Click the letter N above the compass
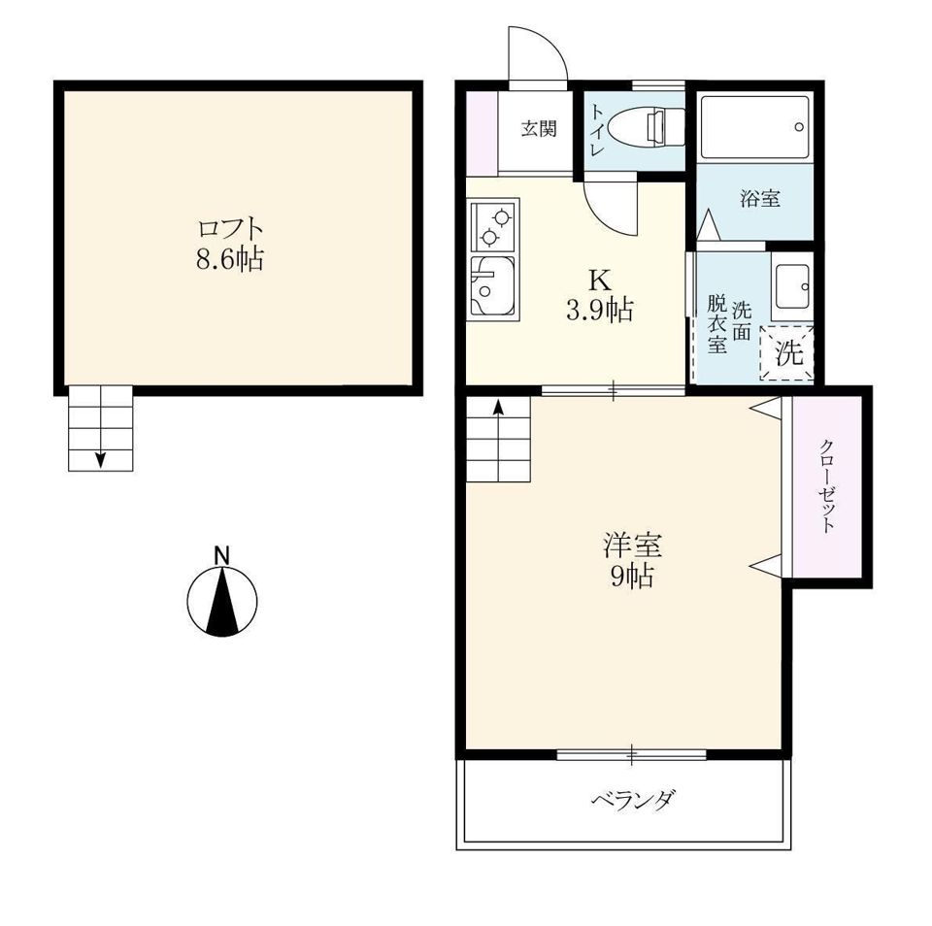coord(222,555)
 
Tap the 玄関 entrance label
coord(539,128)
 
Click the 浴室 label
coord(759,199)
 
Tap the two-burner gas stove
coord(494,225)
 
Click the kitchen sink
coord(493,286)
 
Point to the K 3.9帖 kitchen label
coord(599,294)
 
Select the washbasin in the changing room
coord(791,286)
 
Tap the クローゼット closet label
coord(827,485)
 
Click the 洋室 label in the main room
coord(632,545)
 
